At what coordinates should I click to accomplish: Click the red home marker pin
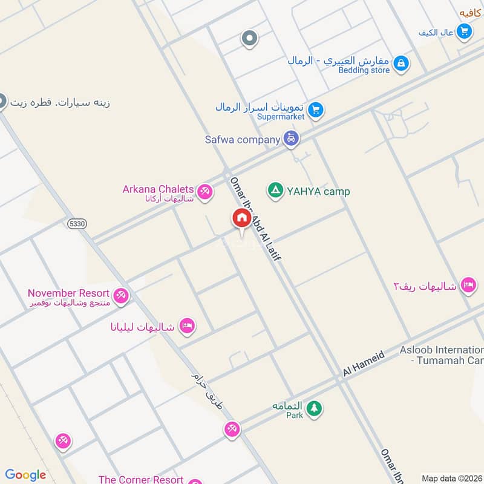[241, 218]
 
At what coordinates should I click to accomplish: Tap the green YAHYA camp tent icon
[275, 191]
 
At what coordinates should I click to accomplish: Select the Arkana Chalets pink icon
[205, 192]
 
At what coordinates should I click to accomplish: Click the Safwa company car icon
[292, 139]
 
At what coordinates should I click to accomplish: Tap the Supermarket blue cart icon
[315, 110]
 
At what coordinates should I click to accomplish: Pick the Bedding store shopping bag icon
[400, 63]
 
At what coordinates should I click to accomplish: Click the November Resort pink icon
[121, 295]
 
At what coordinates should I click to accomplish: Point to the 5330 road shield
[77, 223]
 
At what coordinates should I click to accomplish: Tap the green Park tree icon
[313, 409]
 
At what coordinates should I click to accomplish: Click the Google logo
[25, 475]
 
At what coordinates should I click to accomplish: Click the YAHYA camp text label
[318, 192]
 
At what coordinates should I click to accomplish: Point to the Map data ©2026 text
[451, 479]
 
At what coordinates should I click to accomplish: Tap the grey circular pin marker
[249, 39]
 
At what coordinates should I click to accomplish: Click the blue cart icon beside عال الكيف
[464, 30]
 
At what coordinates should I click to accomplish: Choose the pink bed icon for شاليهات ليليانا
[187, 327]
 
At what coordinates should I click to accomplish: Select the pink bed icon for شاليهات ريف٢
[468, 285]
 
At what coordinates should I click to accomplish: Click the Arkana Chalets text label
[158, 189]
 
